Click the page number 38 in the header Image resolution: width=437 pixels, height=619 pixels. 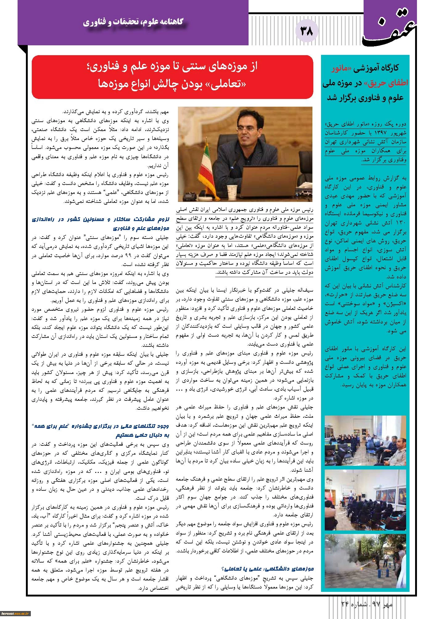tap(306, 31)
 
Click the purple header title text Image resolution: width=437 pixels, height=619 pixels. tap(133, 22)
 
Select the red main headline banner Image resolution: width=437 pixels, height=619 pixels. tap(172, 77)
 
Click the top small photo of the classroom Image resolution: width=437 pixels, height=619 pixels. tap(365, 440)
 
